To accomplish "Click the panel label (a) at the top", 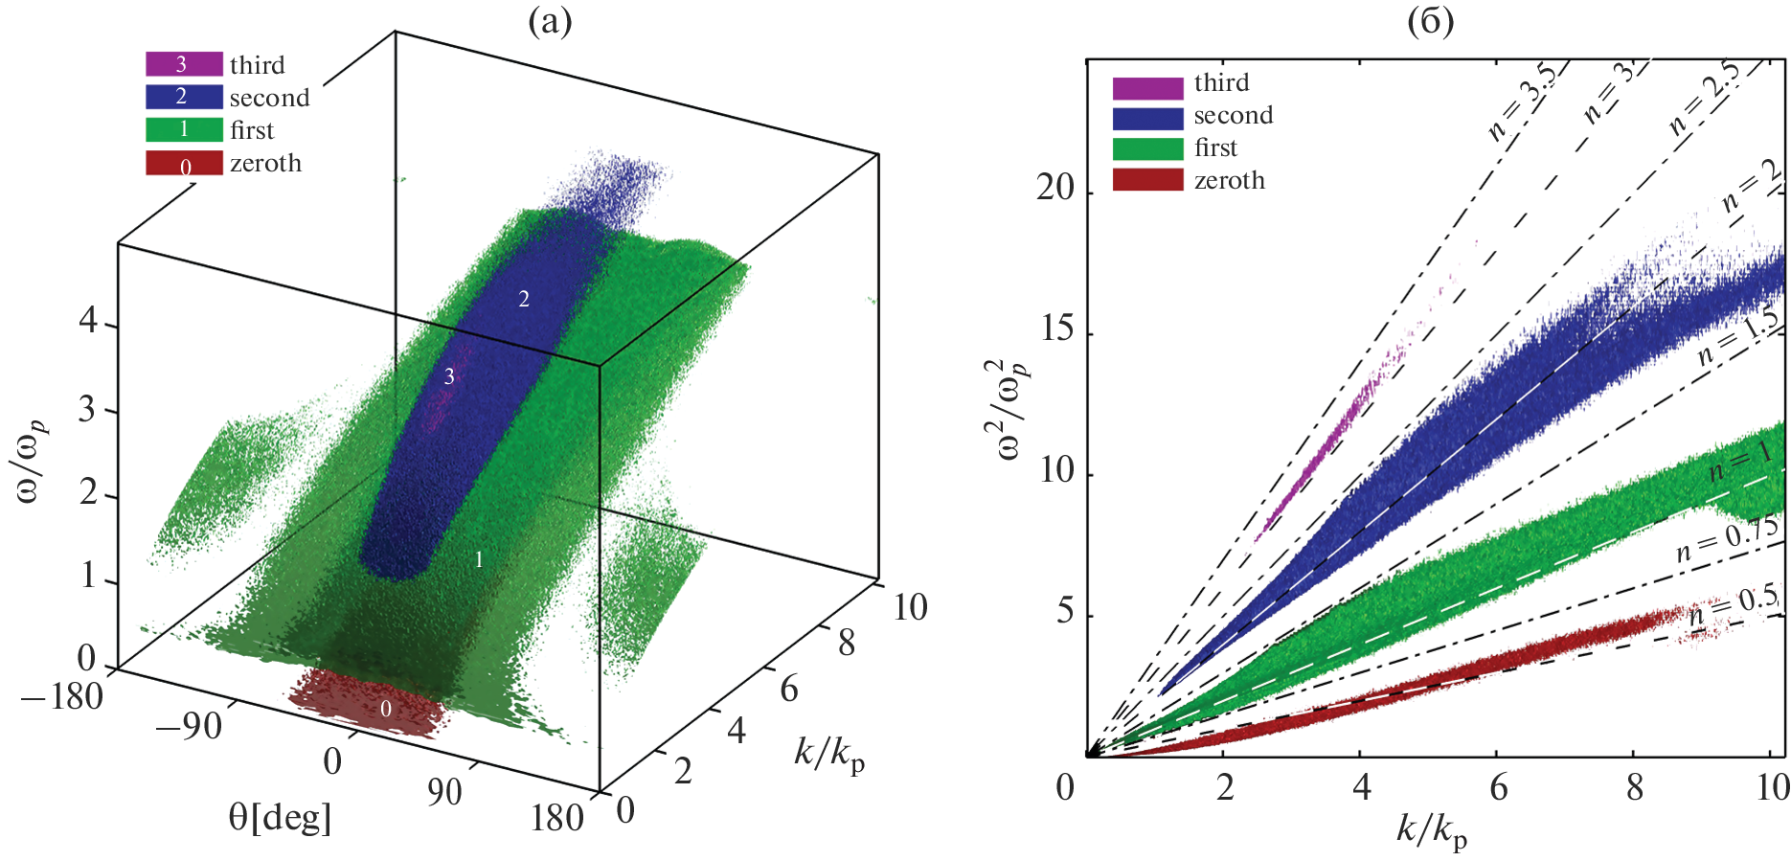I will (551, 22).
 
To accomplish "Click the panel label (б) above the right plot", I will (1430, 22).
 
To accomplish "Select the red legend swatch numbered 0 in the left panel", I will (184, 164).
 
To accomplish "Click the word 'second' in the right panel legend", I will (1233, 116).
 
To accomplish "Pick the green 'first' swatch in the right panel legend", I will (1147, 148).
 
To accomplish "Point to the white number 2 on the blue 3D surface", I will (524, 300).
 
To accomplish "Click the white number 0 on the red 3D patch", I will (386, 710).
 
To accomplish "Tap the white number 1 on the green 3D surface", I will (479, 560).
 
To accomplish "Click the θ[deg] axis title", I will (280, 818).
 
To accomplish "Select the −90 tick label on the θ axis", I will (188, 727).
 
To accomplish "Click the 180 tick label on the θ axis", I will (557, 819).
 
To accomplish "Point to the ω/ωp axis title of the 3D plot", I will (32, 460).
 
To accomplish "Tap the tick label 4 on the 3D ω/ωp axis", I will (88, 321).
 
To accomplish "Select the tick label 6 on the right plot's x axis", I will (1499, 789).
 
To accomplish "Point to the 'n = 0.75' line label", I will (1727, 541).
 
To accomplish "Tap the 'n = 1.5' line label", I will (1736, 337).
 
